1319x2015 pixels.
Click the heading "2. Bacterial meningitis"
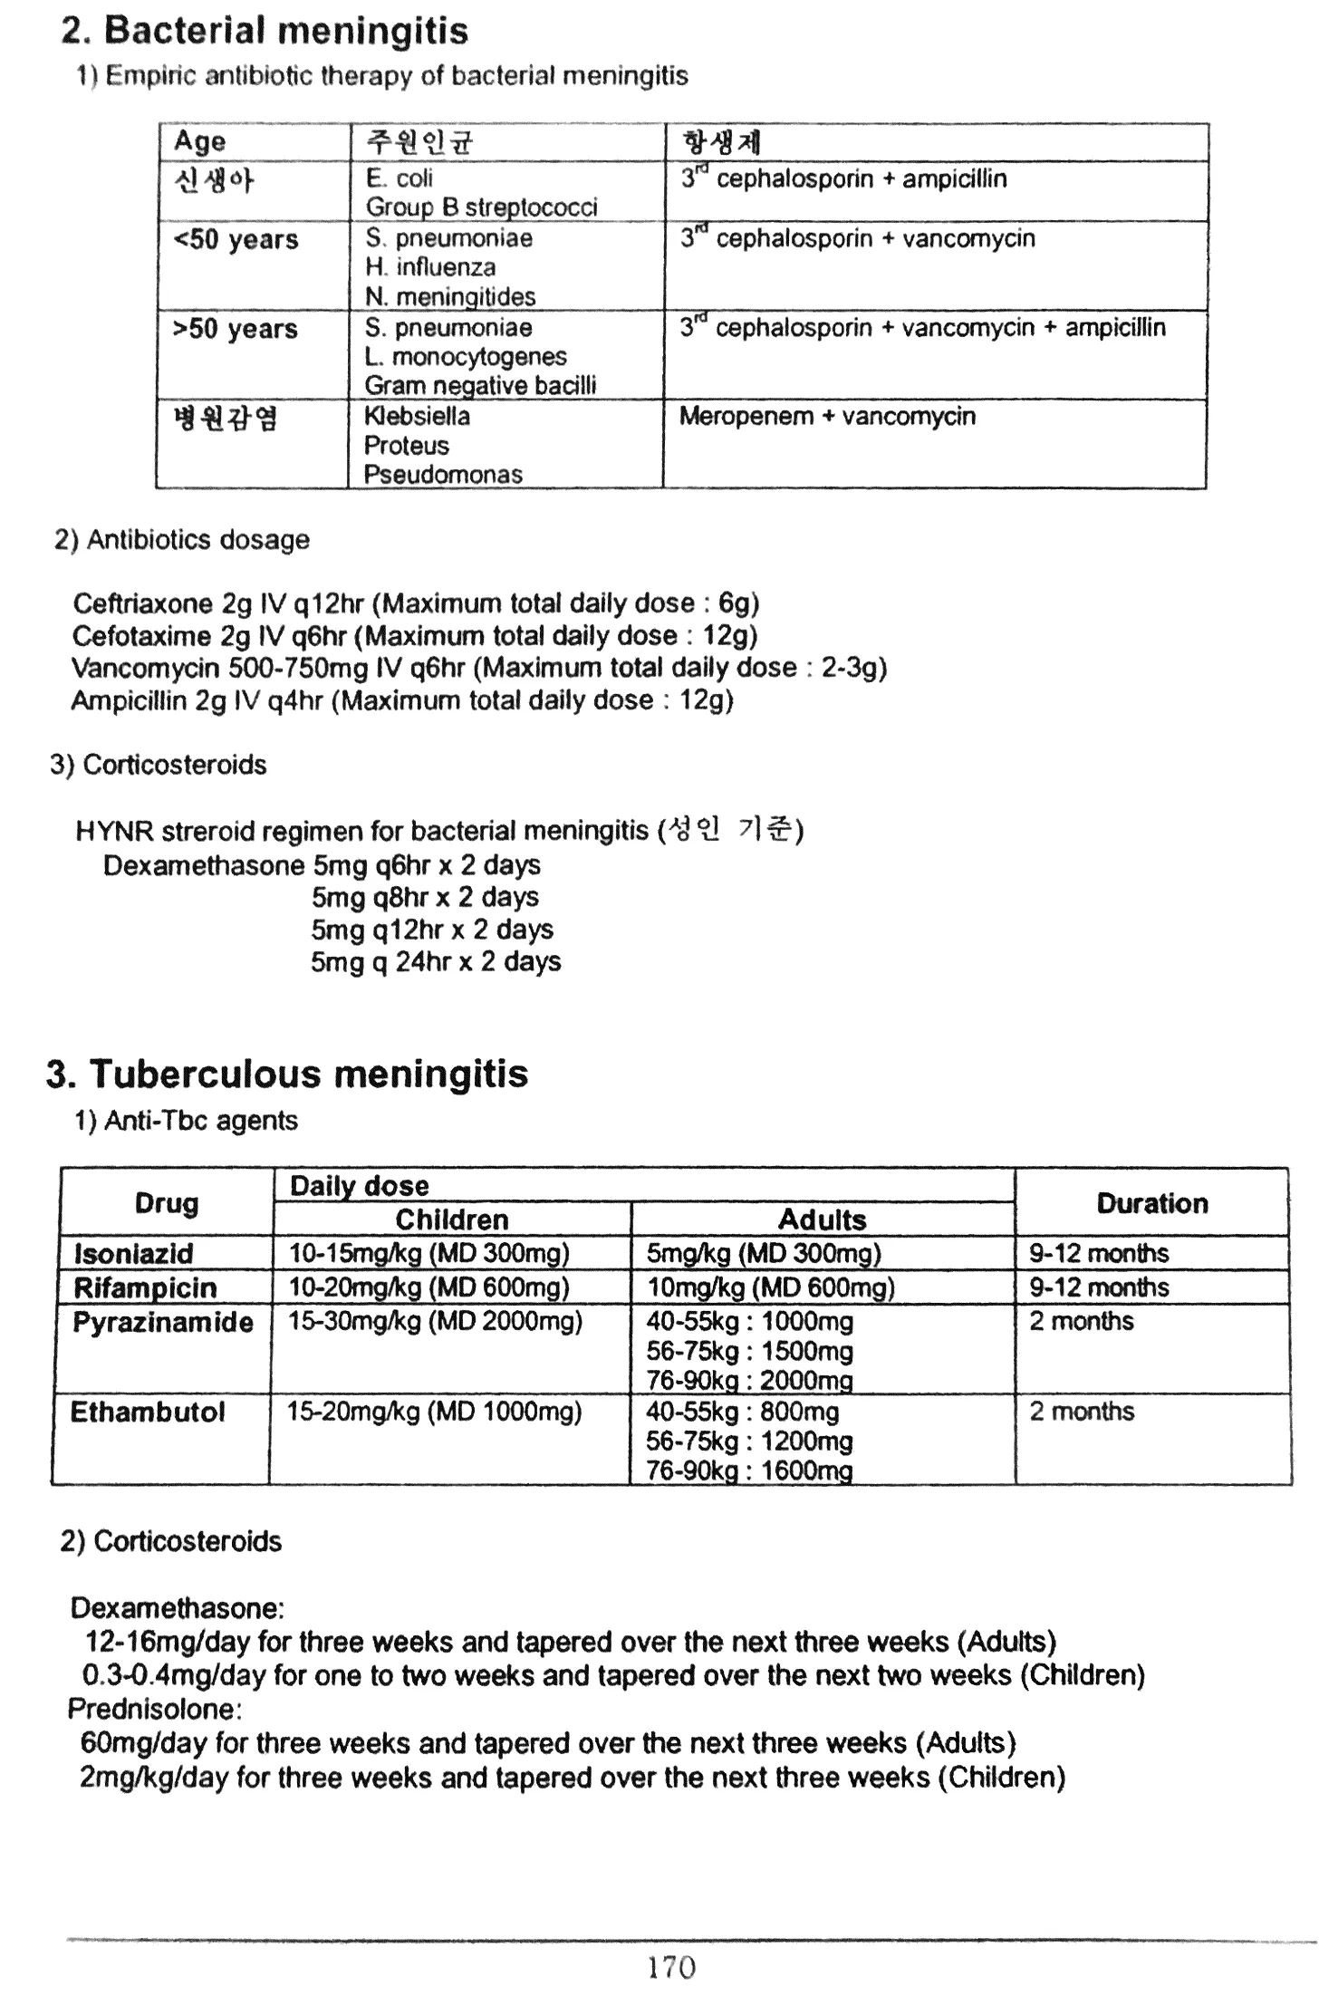[264, 32]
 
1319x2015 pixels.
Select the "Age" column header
[199, 142]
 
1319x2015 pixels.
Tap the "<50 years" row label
[236, 240]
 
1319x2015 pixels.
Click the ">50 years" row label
[236, 329]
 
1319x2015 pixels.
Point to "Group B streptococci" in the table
[481, 207]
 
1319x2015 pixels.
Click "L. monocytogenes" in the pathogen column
[466, 357]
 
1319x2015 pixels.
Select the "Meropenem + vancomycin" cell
[827, 417]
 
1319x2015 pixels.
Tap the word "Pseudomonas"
[443, 475]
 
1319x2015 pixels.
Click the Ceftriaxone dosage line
[416, 603]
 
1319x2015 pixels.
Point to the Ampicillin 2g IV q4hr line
[402, 700]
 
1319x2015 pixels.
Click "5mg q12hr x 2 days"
[432, 930]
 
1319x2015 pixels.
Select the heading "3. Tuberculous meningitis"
[287, 1075]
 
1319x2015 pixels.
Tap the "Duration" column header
[1151, 1203]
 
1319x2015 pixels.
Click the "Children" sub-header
[452, 1220]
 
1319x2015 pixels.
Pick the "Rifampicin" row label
[145, 1287]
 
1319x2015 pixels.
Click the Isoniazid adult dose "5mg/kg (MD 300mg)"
[763, 1254]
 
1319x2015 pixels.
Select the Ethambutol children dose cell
[434, 1412]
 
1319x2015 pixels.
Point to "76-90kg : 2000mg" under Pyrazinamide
[749, 1381]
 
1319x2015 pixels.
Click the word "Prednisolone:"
[155, 1710]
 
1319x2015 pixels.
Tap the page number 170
[671, 1968]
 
